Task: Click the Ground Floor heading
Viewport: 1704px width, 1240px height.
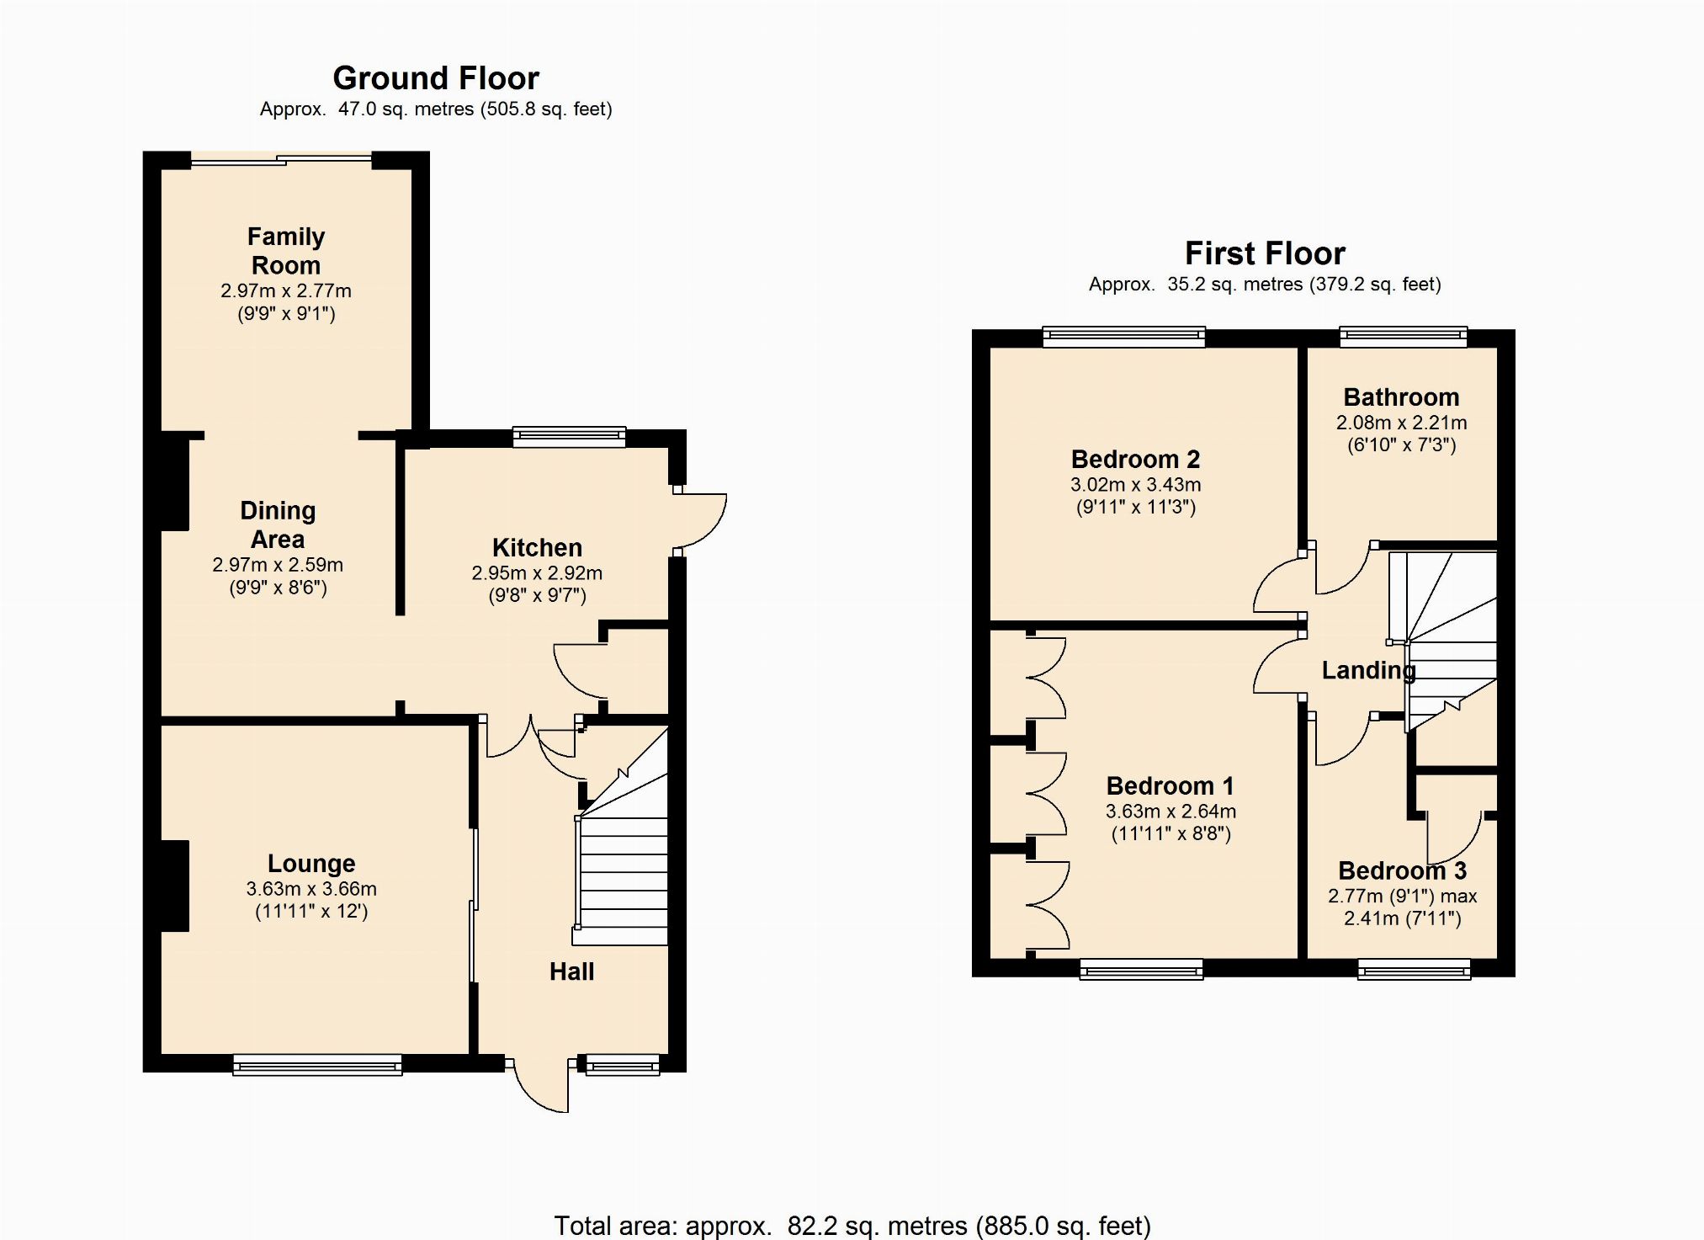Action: [436, 78]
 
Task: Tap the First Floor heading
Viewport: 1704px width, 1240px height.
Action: [1265, 253]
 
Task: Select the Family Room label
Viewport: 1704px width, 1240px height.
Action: [286, 251]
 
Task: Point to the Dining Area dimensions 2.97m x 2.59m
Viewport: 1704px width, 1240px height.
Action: [278, 565]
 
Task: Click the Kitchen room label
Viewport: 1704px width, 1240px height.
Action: [537, 548]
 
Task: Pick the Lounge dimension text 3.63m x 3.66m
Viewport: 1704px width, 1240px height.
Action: [311, 889]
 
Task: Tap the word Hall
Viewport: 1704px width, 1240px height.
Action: [571, 971]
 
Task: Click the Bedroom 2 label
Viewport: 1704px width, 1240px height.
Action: [1135, 460]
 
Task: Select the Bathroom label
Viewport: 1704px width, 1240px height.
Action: [1401, 397]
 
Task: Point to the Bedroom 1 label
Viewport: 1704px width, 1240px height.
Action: [1170, 786]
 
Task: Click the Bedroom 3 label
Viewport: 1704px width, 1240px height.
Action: [1402, 870]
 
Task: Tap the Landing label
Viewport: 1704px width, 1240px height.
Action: [1368, 670]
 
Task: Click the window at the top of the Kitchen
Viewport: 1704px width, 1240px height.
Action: [570, 436]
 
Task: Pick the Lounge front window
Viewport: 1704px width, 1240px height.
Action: [317, 1065]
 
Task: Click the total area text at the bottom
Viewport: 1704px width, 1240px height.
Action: [852, 1225]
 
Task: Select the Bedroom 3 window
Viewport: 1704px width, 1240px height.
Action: [1415, 970]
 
